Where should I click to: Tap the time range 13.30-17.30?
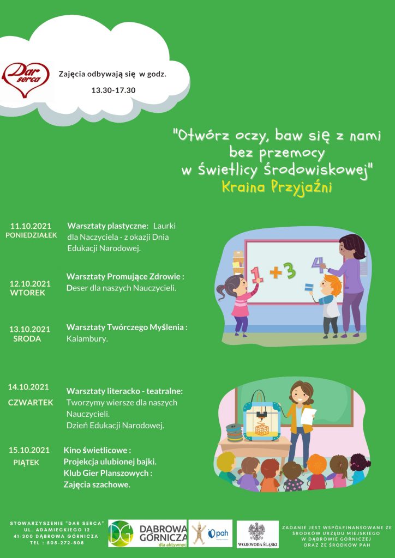click(113, 90)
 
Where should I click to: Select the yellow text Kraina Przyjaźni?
click(277, 187)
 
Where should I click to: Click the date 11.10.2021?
click(31, 226)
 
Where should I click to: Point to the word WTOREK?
click(28, 293)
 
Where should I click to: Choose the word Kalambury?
click(87, 339)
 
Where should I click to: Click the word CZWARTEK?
click(31, 403)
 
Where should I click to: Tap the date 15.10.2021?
click(29, 450)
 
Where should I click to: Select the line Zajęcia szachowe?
click(97, 484)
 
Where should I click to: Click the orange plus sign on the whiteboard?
click(276, 272)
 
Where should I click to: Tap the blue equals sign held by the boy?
click(308, 287)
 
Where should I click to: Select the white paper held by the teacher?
click(308, 417)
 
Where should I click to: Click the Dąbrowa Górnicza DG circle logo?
click(121, 533)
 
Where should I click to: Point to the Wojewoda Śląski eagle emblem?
click(257, 532)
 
